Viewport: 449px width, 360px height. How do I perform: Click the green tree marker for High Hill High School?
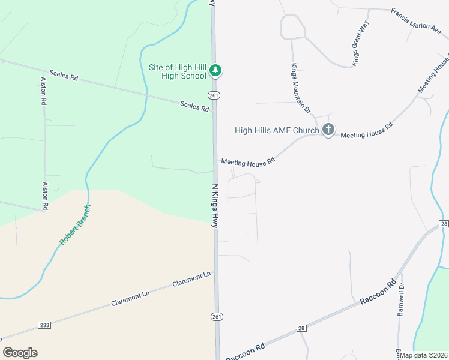click(216, 71)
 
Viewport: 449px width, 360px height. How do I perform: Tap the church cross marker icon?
click(328, 130)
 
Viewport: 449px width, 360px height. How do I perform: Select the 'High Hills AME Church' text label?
click(277, 130)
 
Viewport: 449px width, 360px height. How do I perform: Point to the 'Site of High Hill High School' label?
click(177, 71)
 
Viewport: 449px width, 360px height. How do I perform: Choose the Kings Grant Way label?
click(361, 43)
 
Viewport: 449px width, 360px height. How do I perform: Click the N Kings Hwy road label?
click(214, 205)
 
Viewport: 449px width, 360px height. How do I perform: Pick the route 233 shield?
click(44, 325)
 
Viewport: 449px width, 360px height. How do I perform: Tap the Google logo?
click(20, 353)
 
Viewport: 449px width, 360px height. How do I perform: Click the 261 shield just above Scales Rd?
click(214, 95)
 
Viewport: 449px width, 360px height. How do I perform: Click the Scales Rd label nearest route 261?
click(194, 107)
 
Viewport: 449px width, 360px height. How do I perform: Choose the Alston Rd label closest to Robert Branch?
click(44, 196)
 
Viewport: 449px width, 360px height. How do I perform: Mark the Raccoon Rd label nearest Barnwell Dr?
click(379, 291)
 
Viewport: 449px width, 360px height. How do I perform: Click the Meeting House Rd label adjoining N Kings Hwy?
click(248, 161)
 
